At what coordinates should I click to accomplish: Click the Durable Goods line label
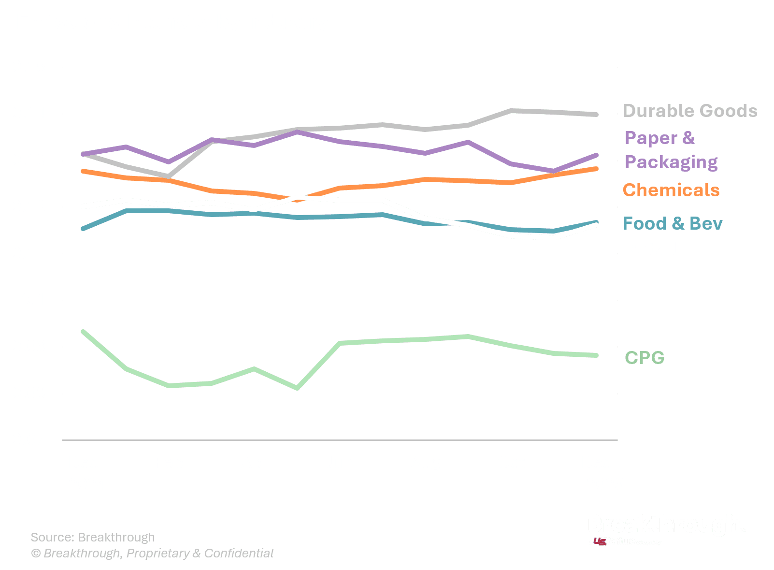(x=690, y=111)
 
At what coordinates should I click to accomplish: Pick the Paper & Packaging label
(x=671, y=150)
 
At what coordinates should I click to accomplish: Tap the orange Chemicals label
(x=671, y=190)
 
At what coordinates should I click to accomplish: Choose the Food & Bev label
(x=673, y=223)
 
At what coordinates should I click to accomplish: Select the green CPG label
(x=645, y=358)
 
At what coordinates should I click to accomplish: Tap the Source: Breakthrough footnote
(x=93, y=537)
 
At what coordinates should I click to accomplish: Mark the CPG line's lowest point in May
(x=297, y=388)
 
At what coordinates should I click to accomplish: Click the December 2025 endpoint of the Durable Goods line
(x=596, y=115)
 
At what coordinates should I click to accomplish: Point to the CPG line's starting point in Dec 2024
(x=83, y=332)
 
